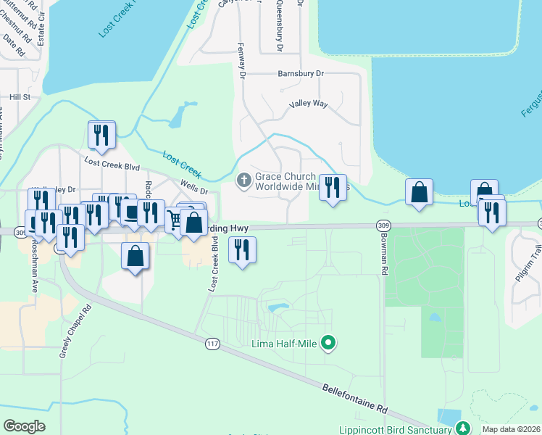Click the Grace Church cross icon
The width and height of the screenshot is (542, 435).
245,179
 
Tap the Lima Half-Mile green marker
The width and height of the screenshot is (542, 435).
328,343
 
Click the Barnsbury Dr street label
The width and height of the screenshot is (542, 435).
301,74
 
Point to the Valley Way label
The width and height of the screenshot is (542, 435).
308,104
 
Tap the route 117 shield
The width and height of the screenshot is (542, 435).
212,342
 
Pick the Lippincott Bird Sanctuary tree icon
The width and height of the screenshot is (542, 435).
461,429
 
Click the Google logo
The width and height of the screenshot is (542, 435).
24,426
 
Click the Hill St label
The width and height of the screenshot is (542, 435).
20,96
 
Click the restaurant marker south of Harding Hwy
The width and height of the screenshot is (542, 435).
242,250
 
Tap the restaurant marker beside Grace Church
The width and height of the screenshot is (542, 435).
333,188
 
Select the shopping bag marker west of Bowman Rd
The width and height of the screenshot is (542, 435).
419,192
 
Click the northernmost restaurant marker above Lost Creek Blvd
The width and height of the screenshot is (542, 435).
101,135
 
